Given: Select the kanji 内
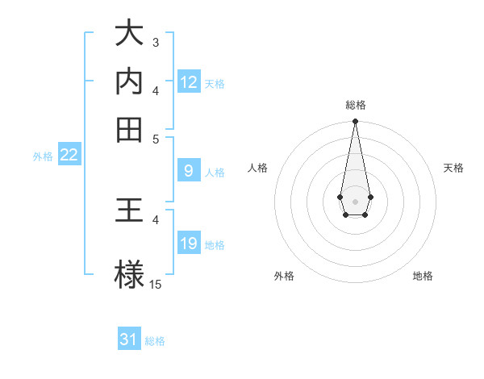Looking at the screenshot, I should tap(129, 81).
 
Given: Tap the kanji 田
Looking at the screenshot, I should tap(129, 128).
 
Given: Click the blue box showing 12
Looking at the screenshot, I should tap(189, 81).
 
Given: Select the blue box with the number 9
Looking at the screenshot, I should tap(189, 170).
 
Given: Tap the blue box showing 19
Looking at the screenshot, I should tap(189, 244).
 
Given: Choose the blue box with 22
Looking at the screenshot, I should tap(69, 155).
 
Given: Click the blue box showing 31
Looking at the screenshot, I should tap(129, 339).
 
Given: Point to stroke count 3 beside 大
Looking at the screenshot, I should tap(155, 42).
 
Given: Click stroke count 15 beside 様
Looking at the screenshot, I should tap(156, 284).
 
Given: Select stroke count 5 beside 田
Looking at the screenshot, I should tap(156, 138).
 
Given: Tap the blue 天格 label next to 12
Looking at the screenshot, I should tap(214, 83).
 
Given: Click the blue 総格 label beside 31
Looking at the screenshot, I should tap(155, 341).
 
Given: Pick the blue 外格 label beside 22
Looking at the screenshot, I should tap(42, 156).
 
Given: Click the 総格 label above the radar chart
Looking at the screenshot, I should tap(355, 105).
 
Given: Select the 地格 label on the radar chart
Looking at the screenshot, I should tap(423, 276).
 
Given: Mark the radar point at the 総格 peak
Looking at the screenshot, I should tap(355, 122).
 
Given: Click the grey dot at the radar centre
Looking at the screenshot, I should tap(355, 200).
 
